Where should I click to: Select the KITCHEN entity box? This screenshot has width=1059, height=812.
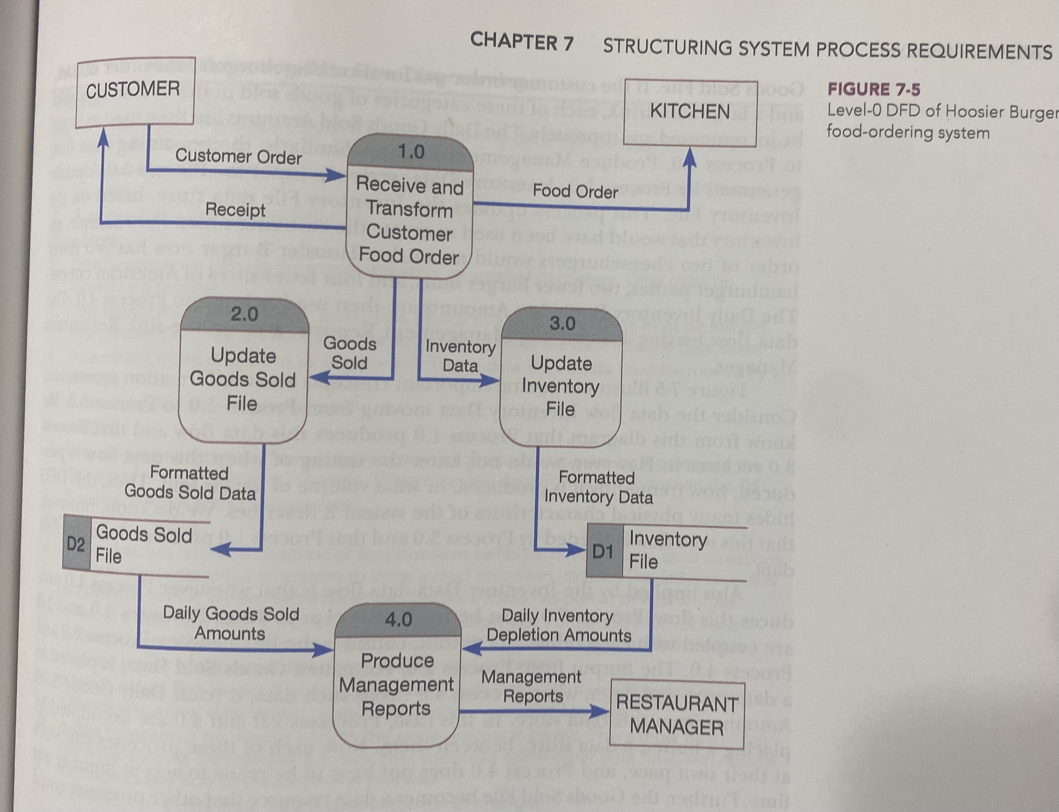point(690,112)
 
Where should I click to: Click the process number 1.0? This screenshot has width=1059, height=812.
point(410,152)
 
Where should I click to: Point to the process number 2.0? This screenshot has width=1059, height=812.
point(244,314)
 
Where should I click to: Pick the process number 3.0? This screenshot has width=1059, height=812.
point(562,323)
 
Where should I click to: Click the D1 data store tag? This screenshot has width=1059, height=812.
point(604,552)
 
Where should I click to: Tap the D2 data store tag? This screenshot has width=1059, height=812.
point(76,545)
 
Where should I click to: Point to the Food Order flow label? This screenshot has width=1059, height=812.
point(575,191)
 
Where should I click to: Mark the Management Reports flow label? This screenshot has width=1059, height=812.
point(532,686)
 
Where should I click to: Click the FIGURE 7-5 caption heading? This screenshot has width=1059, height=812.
point(873,89)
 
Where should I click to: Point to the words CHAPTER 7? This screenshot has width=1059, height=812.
point(521,41)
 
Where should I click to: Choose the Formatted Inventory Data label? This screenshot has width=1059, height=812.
point(598,487)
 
